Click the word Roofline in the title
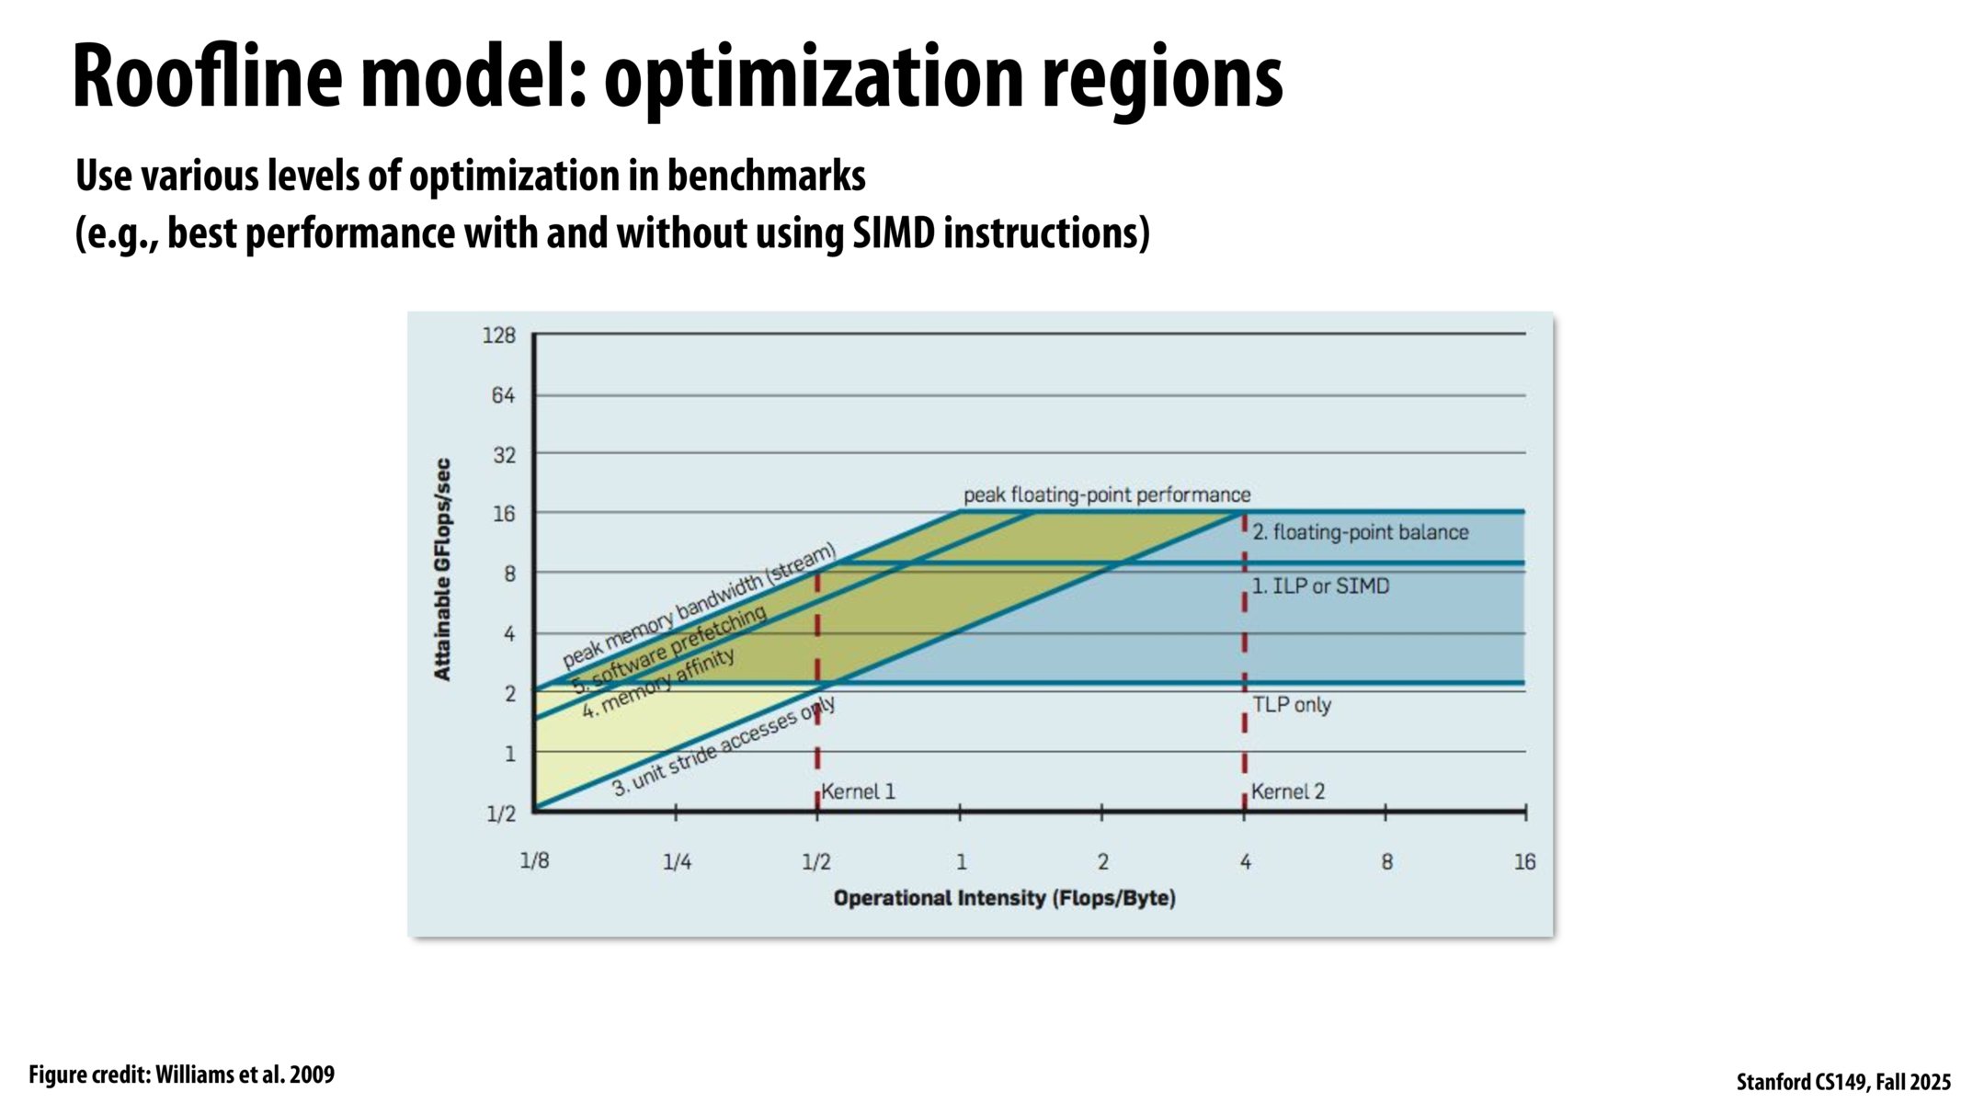pos(207,78)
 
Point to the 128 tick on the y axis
pos(499,335)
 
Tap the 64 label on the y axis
pos(503,395)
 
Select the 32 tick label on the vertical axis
pos(504,455)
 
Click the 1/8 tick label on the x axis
pos(534,861)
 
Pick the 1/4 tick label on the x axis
pos(677,862)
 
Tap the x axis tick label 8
pos(1386,862)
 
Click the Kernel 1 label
pos(858,791)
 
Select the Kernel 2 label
pos(1287,791)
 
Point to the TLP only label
pos(1292,705)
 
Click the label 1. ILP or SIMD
pos(1320,586)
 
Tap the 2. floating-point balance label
pos(1361,532)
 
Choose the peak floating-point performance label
pos(1107,495)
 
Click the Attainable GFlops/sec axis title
pos(443,570)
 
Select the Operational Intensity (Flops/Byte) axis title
pos(1004,898)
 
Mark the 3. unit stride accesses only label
pos(724,745)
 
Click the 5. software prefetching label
pos(669,649)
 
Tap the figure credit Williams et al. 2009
pos(182,1075)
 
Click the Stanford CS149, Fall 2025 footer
pos(1843,1082)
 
